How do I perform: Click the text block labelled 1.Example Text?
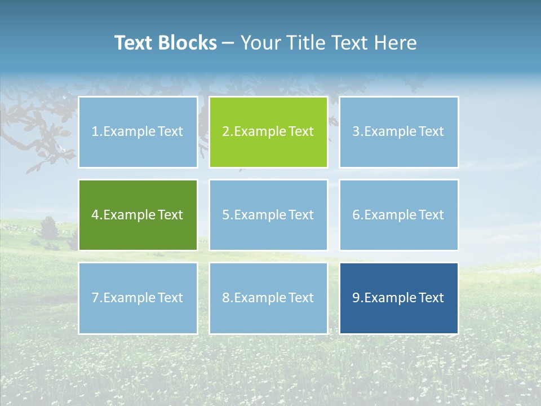click(138, 132)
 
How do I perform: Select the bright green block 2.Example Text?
click(268, 132)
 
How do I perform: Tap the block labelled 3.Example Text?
click(398, 132)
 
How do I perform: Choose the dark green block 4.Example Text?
click(138, 215)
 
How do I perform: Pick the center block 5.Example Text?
click(268, 215)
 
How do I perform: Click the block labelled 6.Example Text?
click(398, 215)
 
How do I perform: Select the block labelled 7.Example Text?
click(138, 298)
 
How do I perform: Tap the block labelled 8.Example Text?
click(268, 298)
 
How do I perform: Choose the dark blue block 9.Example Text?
click(398, 298)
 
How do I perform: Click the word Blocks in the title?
click(188, 43)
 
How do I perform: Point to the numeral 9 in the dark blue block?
click(356, 298)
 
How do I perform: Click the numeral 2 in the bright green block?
click(225, 132)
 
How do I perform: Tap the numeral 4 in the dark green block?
click(95, 215)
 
